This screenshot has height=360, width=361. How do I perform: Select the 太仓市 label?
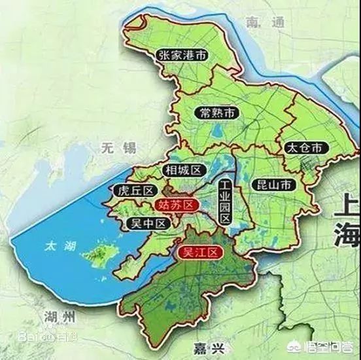click(x=303, y=147)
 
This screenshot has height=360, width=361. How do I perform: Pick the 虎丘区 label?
click(x=134, y=191)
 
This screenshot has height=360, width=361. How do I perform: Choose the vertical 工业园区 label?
click(x=224, y=201)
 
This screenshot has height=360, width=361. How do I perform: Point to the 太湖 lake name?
click(x=56, y=247)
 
